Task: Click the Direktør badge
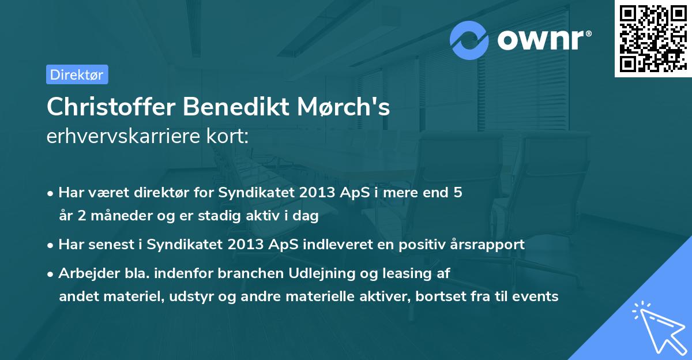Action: (x=77, y=74)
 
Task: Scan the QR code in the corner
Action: (x=653, y=38)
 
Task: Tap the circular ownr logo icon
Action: (x=469, y=40)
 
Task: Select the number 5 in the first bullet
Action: (x=458, y=193)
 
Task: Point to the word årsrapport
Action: (x=490, y=245)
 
